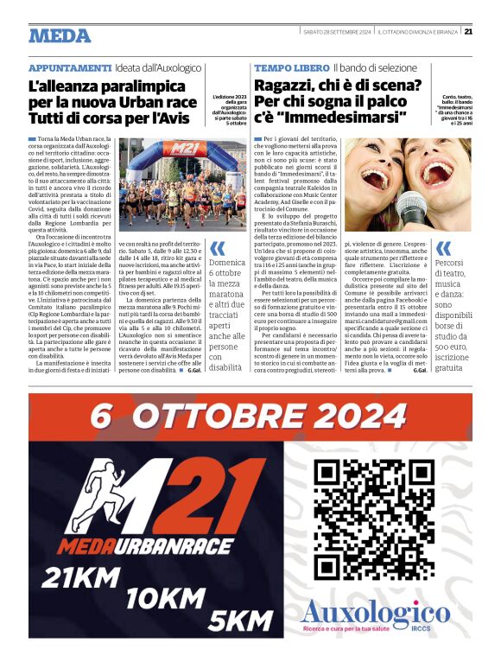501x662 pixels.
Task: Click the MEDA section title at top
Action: [x=60, y=35]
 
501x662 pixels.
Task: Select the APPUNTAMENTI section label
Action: [x=69, y=67]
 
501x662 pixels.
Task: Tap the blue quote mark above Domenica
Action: [x=216, y=248]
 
